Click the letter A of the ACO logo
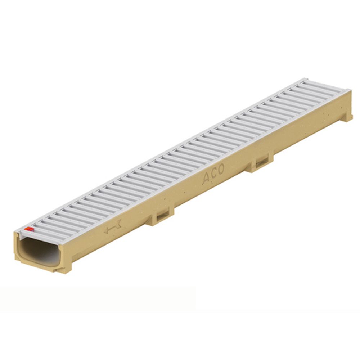206,178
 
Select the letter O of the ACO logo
221,170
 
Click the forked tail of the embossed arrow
118,224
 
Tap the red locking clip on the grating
28,229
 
